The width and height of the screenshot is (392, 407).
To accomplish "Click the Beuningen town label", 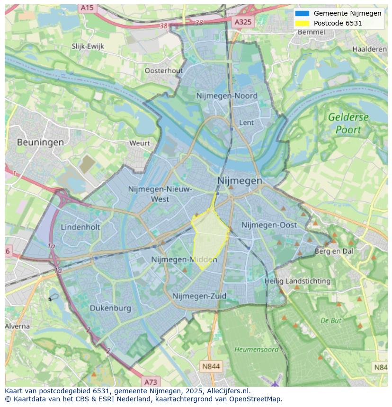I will (x=40, y=142).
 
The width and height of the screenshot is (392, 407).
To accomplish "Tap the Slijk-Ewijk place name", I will (x=88, y=46).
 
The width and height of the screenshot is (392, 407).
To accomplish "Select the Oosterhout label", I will (x=163, y=70).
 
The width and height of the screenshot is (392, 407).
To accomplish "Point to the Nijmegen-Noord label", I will (x=227, y=96).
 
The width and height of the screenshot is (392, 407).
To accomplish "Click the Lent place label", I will (x=247, y=122).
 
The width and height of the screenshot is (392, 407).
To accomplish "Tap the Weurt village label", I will (x=139, y=143).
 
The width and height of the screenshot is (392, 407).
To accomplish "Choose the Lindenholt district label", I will (x=80, y=227).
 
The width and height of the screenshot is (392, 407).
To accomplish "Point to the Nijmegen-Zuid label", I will (x=199, y=296).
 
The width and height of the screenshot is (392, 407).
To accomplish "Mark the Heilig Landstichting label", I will (x=297, y=281).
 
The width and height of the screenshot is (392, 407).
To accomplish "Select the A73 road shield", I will (x=151, y=382).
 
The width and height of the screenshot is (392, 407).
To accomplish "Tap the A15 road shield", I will (x=87, y=8).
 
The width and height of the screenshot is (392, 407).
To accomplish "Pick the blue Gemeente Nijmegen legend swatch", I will (x=302, y=13).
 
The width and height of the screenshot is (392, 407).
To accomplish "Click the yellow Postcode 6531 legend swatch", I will (x=302, y=23).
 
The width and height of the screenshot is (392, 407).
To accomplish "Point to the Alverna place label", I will (x=17, y=326).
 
